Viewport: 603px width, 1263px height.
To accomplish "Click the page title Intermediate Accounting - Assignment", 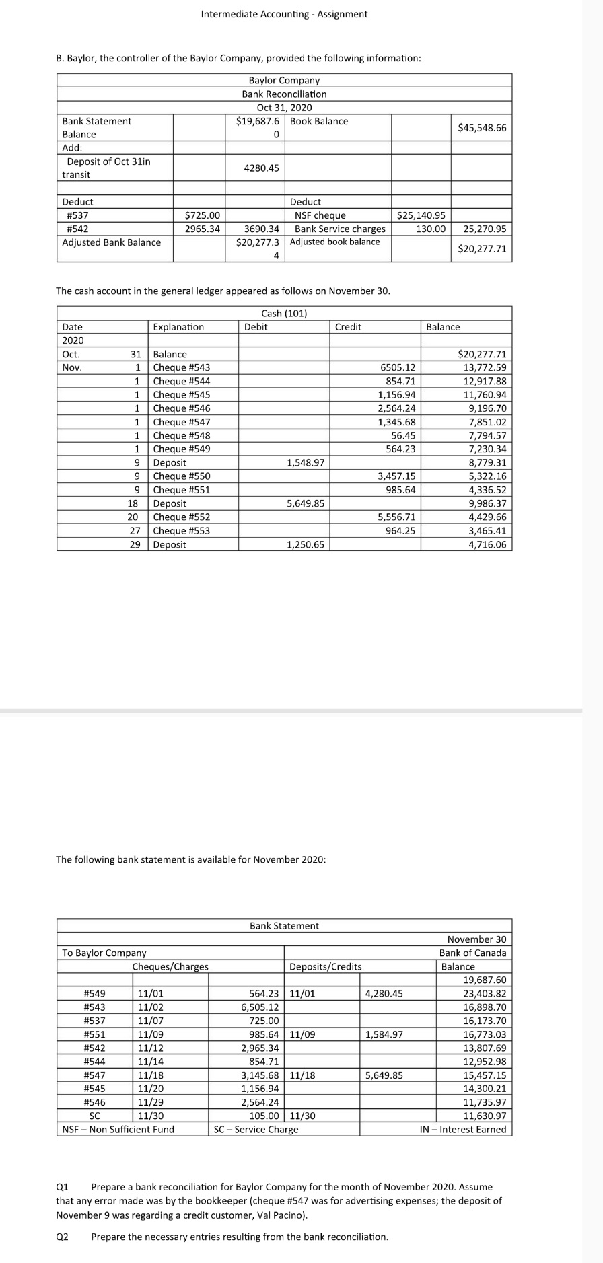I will (x=284, y=14).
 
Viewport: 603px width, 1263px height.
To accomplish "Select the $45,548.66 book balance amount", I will (x=482, y=128).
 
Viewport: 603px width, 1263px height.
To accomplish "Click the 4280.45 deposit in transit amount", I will (x=261, y=168).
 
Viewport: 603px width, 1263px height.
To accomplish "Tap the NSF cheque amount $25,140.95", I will (x=421, y=215).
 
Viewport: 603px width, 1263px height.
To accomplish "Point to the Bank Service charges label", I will (x=340, y=229).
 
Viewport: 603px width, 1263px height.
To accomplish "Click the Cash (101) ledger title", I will (x=284, y=313).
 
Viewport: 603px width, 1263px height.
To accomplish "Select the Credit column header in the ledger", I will (x=348, y=327).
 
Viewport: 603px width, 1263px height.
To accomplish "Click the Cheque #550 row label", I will (x=182, y=476).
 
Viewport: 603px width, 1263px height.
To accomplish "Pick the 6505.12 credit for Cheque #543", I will (x=398, y=367).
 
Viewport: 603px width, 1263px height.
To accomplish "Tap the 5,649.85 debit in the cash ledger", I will (x=306, y=503).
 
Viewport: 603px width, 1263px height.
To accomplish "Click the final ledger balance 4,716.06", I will (x=487, y=544).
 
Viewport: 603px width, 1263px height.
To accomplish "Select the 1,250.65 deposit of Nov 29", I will (x=306, y=544).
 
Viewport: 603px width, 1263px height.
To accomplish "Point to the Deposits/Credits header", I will (x=325, y=966).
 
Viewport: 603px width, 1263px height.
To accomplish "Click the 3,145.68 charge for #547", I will (x=260, y=1075).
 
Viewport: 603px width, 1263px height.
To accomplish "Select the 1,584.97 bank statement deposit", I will (x=384, y=1034).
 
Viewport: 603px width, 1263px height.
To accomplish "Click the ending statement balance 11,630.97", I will (x=485, y=1116).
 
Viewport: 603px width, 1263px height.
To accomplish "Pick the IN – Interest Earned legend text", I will (x=462, y=1129).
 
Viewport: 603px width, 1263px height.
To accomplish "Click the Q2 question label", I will (x=62, y=1237).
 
